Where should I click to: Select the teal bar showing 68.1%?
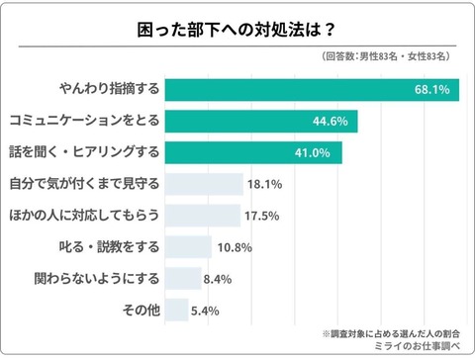(312, 90)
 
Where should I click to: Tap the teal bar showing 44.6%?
(261, 122)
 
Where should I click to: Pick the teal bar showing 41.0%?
(253, 153)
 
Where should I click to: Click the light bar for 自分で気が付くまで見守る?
(204, 184)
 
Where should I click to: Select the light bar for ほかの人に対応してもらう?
(203, 216)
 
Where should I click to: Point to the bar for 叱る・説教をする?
(188, 247)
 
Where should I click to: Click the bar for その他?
(176, 310)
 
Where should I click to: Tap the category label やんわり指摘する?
(111, 90)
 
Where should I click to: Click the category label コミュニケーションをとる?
(85, 122)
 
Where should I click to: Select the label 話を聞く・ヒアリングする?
(84, 153)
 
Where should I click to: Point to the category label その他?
(140, 310)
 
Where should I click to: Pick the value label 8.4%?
(221, 278)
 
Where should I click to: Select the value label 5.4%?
(208, 310)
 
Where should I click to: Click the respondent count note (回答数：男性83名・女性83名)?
(389, 58)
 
